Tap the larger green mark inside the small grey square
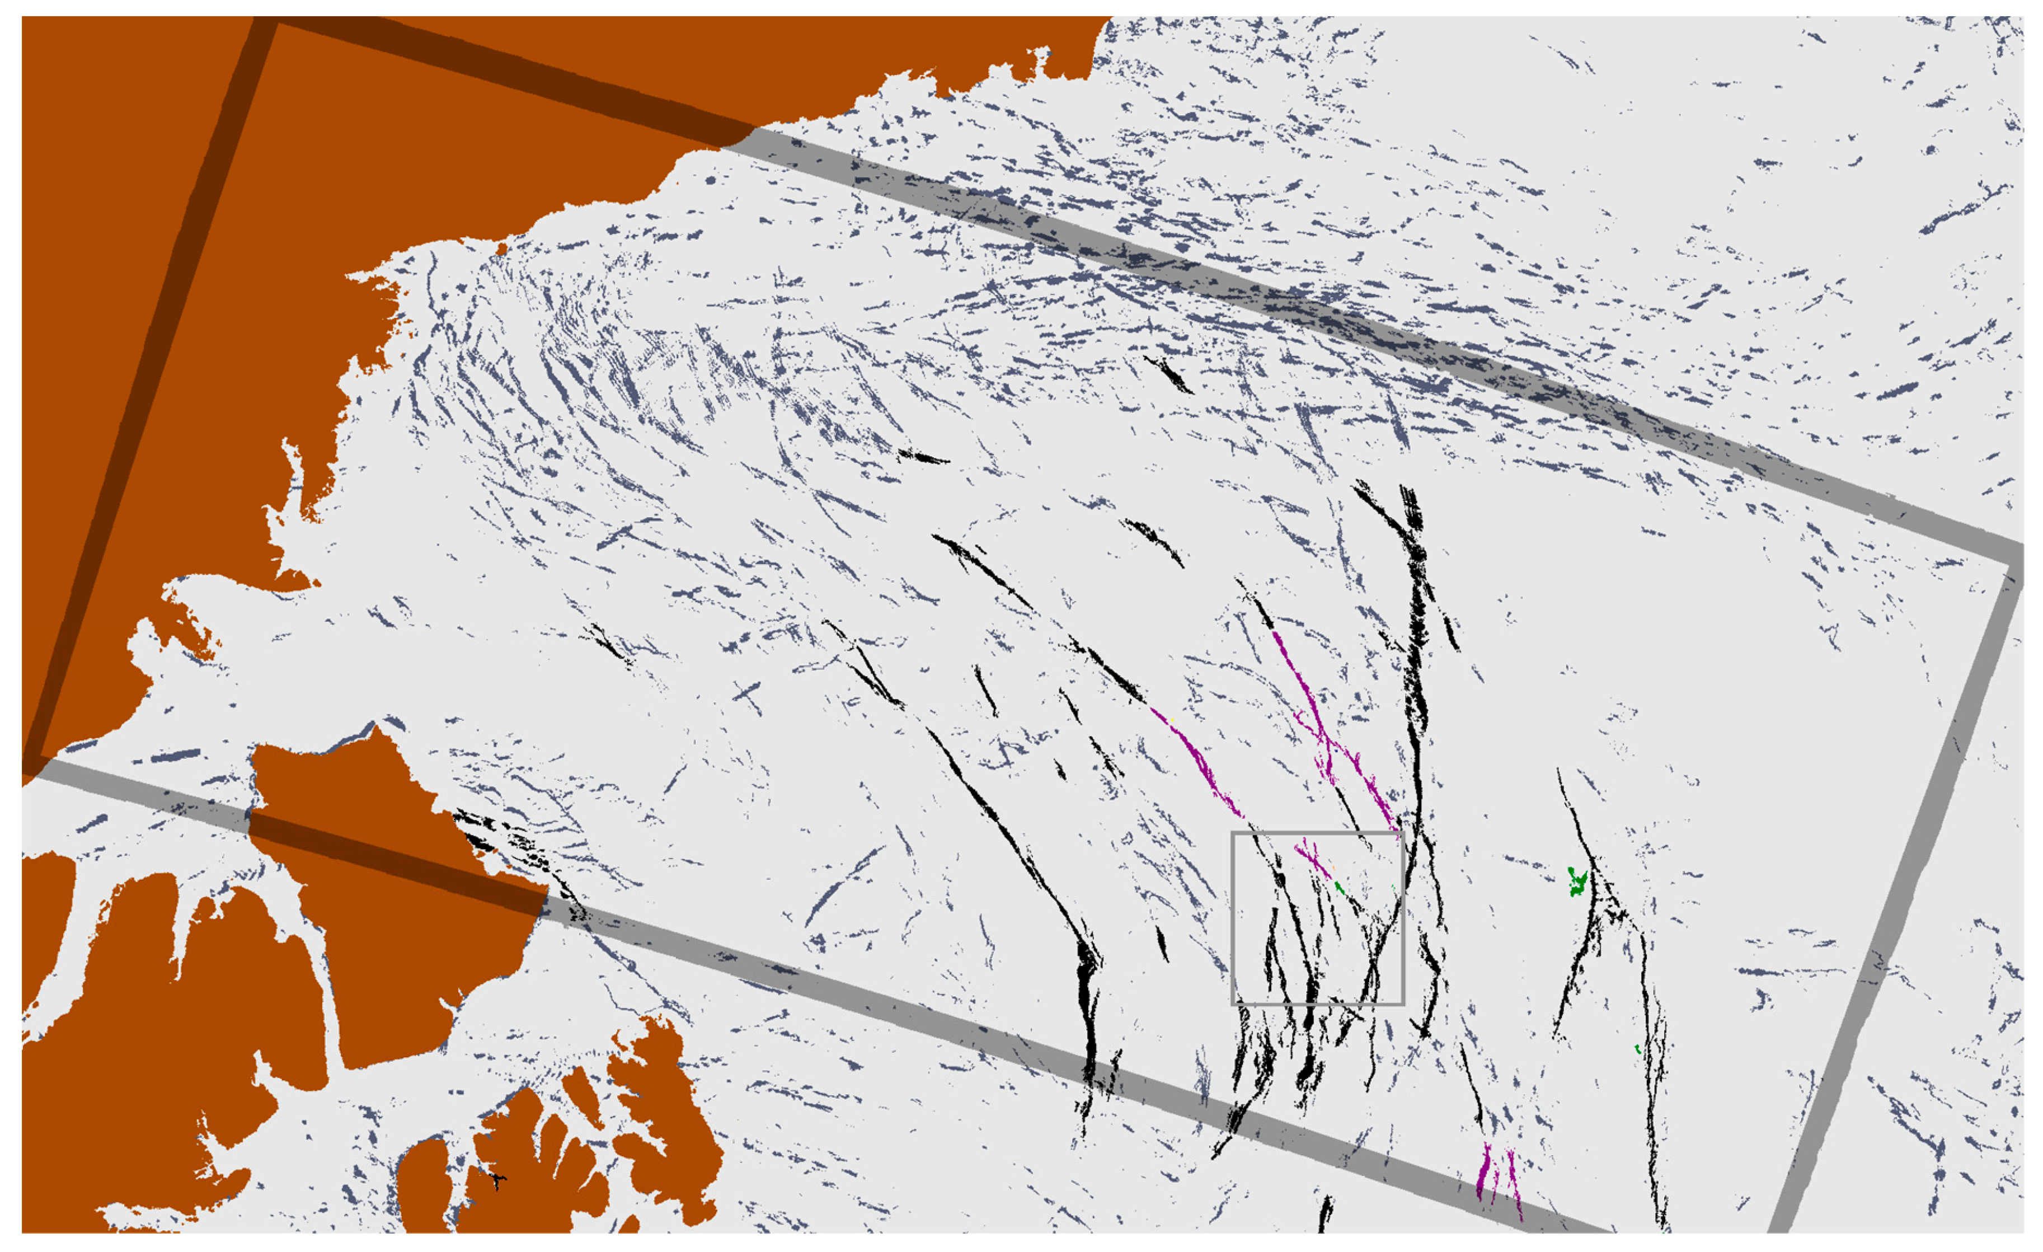pyautogui.click(x=1339, y=888)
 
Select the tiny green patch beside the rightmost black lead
pyautogui.click(x=1637, y=1050)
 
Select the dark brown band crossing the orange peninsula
pyautogui.click(x=398, y=862)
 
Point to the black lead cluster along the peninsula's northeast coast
pyautogui.click(x=514, y=846)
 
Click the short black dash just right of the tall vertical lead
pyautogui.click(x=1451, y=632)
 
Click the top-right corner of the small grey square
pyautogui.click(x=1403, y=833)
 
